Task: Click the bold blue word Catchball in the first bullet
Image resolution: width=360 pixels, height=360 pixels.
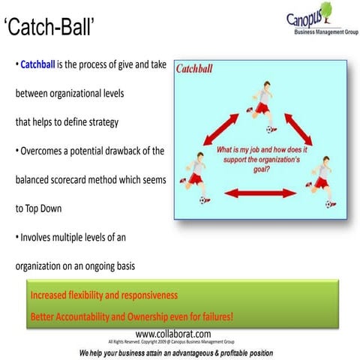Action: [x=42, y=65]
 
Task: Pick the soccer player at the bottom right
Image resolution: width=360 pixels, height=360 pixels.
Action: [x=321, y=178]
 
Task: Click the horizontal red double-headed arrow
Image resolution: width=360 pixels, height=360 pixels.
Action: [x=256, y=193]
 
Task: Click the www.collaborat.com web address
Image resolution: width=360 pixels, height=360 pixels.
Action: [x=173, y=333]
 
